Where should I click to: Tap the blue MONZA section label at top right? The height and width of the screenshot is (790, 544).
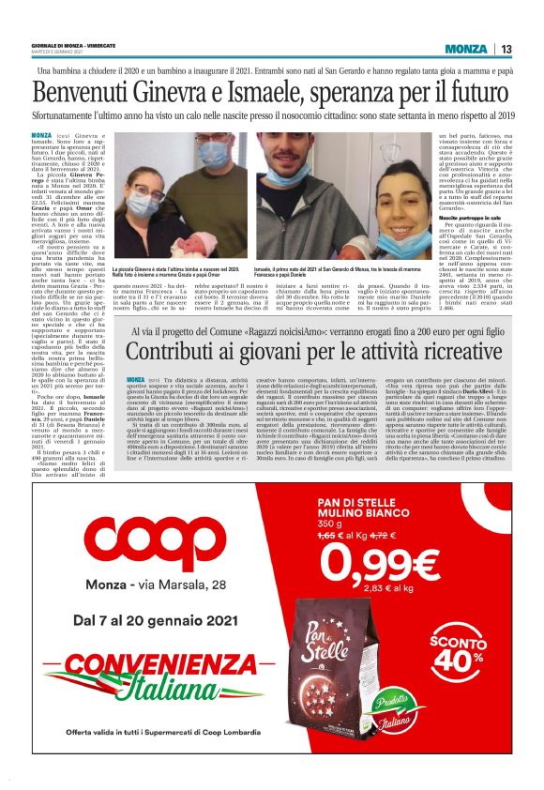click(466, 49)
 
